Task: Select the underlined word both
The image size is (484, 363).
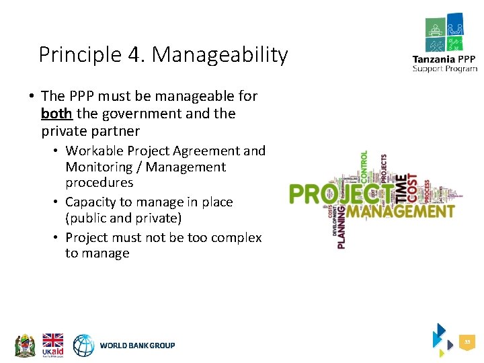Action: [56, 114]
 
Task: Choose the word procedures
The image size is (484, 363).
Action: [99, 183]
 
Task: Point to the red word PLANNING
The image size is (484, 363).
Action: [342, 228]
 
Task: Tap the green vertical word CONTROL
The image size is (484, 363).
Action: [364, 167]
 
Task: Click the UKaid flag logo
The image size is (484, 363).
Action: [53, 345]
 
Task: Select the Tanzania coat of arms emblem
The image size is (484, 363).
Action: [25, 345]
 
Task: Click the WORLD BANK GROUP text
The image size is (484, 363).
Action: [137, 346]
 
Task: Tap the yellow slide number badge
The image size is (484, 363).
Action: [467, 343]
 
